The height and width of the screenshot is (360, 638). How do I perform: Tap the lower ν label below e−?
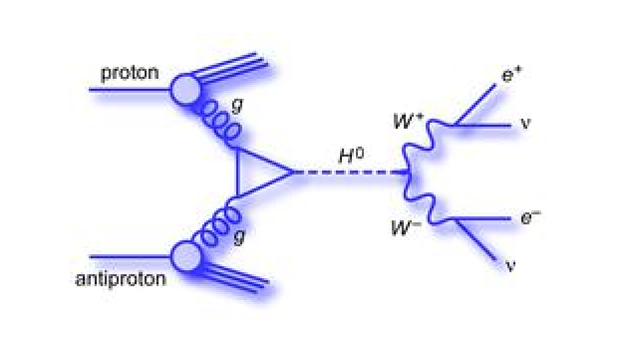pos(511,266)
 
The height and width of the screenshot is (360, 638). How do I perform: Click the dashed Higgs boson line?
pos(349,174)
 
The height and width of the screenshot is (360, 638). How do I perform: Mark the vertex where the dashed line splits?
pos(408,174)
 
